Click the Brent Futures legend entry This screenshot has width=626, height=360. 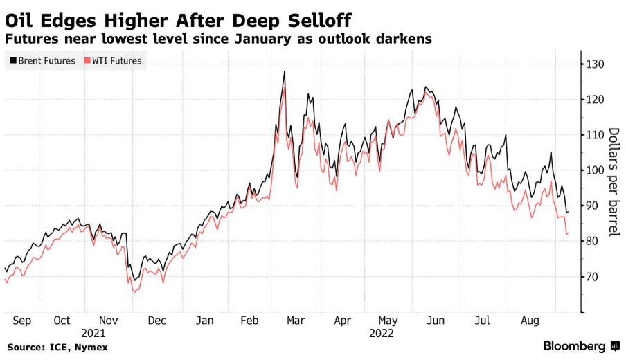(42, 61)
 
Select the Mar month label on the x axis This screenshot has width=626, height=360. (295, 321)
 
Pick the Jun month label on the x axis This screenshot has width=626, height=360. (436, 321)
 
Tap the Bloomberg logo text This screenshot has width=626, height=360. (575, 345)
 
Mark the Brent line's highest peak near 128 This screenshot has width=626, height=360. (285, 71)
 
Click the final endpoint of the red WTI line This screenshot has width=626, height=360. (568, 233)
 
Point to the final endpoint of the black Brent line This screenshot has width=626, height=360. (568, 212)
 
